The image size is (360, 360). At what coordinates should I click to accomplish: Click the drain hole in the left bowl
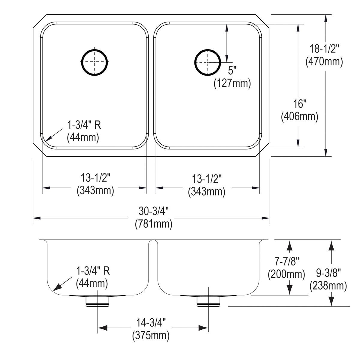pyautogui.click(x=94, y=61)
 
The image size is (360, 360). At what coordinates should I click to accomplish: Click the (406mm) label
pyautogui.click(x=299, y=116)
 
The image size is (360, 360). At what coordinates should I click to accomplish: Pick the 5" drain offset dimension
pyautogui.click(x=232, y=71)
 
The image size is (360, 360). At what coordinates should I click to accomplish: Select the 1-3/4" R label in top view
pyautogui.click(x=83, y=125)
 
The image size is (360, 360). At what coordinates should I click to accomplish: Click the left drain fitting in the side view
pyautogui.click(x=97, y=301)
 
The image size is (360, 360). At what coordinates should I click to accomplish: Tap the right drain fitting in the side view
pyautogui.click(x=208, y=301)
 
